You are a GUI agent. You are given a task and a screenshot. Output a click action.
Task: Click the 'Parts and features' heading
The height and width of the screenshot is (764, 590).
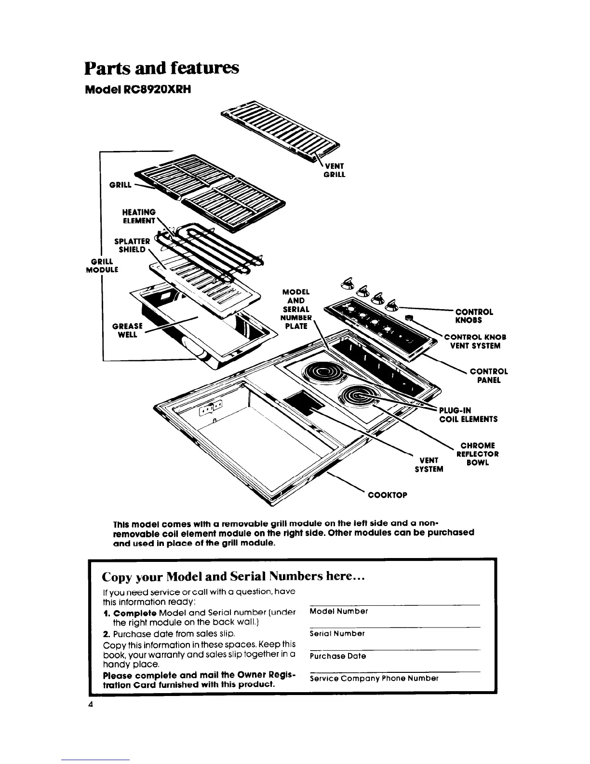tap(161, 68)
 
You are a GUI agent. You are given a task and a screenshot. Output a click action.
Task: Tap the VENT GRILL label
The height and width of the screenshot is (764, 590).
tap(334, 170)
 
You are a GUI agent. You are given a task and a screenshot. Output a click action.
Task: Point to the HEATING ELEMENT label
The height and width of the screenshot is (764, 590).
tap(139, 217)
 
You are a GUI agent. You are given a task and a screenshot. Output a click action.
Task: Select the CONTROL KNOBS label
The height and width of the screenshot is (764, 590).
tap(474, 316)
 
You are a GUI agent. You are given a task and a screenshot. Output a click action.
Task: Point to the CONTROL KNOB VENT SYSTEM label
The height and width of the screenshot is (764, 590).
tap(475, 341)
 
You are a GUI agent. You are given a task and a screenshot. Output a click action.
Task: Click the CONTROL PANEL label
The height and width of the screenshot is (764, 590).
tap(488, 376)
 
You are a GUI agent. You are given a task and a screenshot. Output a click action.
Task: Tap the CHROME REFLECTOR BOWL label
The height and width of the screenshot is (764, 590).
tap(477, 454)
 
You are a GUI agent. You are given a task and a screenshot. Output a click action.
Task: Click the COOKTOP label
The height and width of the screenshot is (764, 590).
tap(388, 495)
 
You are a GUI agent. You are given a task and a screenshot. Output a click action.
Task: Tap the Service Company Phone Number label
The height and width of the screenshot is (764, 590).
tap(374, 678)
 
